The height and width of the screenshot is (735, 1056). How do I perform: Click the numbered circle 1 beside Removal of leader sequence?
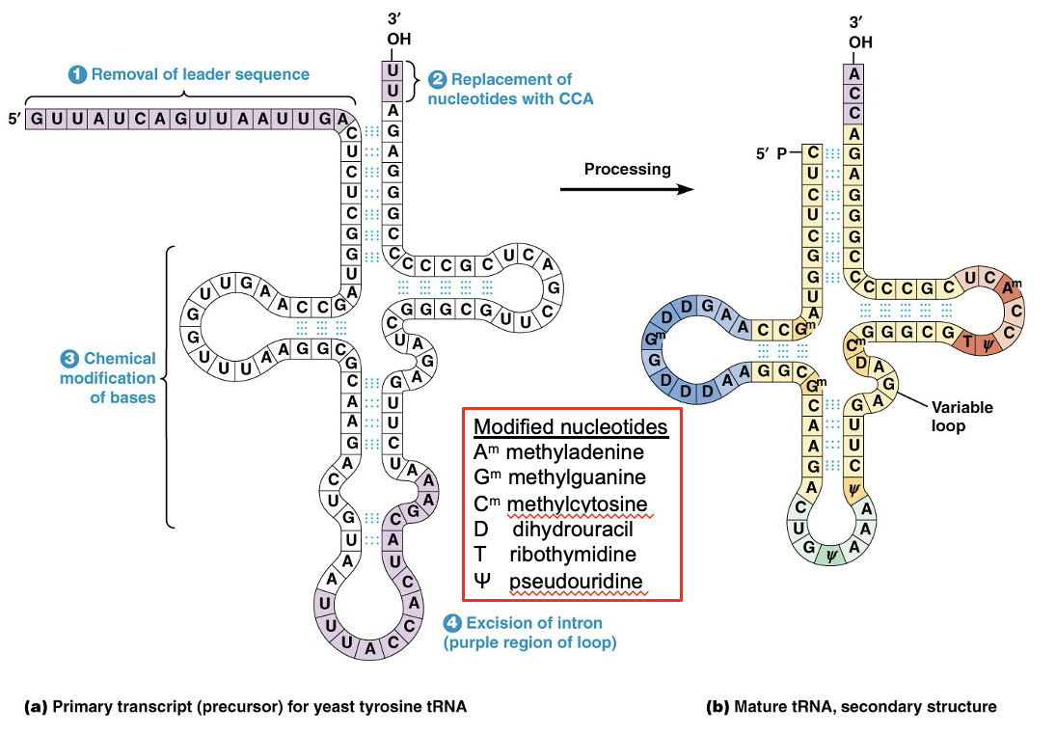click(78, 74)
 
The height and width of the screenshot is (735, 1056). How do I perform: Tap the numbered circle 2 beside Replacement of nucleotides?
click(437, 79)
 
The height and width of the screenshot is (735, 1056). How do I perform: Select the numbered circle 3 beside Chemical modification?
click(69, 359)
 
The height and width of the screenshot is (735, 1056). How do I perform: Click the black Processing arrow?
click(627, 189)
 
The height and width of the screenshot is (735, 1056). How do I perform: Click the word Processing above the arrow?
click(627, 169)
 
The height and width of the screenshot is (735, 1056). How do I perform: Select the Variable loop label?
click(961, 416)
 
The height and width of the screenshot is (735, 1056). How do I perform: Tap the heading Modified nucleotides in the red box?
click(570, 426)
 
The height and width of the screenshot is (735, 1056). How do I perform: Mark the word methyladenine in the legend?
click(575, 451)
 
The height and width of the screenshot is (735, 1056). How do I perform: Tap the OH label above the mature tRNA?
click(859, 42)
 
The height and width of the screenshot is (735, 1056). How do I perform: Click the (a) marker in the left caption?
click(35, 707)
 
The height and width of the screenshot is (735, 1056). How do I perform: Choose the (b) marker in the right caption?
click(718, 707)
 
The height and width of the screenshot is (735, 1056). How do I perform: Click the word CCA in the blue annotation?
click(577, 98)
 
